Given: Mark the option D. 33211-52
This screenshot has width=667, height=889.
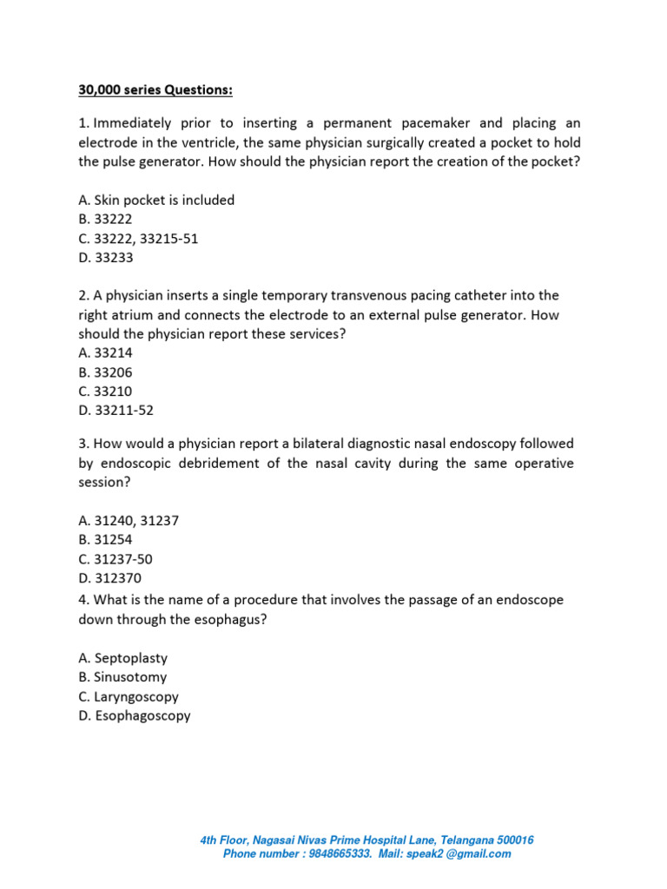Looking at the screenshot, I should (116, 410).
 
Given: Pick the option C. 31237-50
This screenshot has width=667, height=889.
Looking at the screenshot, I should (116, 558).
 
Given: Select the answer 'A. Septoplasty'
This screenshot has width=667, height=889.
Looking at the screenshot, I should (122, 658).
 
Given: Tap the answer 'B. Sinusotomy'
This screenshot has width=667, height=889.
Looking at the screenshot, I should (122, 677).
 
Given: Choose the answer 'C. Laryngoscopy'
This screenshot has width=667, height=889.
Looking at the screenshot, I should (129, 696).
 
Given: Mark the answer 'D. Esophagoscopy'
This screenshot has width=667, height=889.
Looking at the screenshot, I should (135, 715).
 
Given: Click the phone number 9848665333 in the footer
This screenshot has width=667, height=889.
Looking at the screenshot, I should (338, 853).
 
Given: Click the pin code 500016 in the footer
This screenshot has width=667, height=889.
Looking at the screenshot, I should (514, 840).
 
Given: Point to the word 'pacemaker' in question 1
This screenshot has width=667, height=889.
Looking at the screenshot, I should (439, 123).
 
